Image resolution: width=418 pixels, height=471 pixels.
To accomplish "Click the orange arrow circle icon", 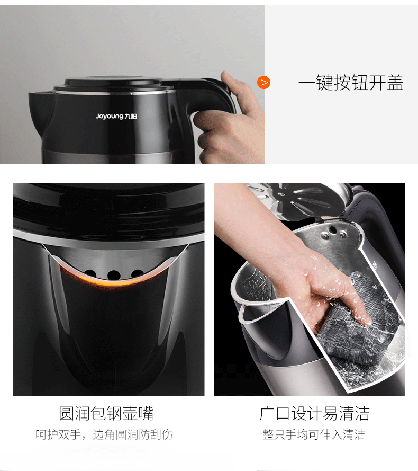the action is click(263, 82).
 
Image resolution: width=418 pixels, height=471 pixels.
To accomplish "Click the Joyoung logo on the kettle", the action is click(116, 116).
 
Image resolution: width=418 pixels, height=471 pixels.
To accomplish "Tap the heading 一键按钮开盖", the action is click(351, 83).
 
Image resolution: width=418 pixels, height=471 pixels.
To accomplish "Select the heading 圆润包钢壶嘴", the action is click(106, 413).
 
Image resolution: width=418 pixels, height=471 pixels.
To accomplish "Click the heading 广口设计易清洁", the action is click(314, 413).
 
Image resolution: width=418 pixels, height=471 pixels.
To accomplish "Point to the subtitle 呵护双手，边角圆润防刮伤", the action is click(104, 434).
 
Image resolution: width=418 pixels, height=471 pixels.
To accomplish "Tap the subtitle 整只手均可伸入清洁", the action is click(314, 434).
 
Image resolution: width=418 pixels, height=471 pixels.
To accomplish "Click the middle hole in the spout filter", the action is click(114, 274).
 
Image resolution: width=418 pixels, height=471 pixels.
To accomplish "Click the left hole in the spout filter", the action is click(90, 273).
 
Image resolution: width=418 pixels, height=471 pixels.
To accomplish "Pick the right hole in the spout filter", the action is click(137, 273).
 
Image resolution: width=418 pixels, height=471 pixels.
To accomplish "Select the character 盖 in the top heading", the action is click(395, 83).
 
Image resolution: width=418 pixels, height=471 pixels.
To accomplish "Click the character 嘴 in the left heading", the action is click(146, 413).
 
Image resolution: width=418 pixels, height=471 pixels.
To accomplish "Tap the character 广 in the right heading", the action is click(267, 414).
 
